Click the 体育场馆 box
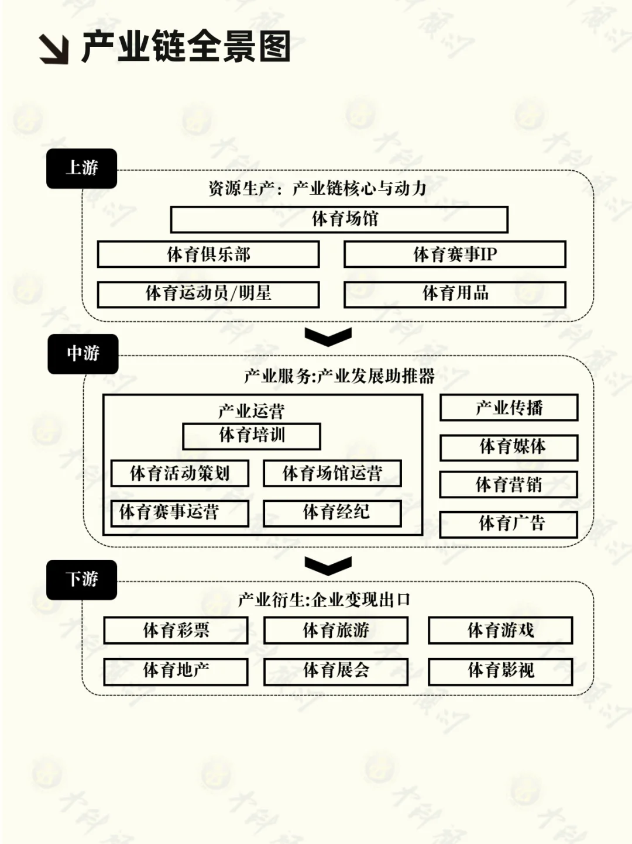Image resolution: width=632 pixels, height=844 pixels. click(339, 219)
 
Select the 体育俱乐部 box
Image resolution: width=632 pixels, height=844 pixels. click(208, 254)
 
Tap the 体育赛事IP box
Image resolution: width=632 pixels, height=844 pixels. click(455, 254)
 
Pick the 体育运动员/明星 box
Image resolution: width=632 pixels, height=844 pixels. click(208, 294)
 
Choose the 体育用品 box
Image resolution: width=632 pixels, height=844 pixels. click(455, 294)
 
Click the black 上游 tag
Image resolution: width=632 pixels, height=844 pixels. click(81, 168)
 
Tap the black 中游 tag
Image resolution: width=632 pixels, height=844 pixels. click(83, 354)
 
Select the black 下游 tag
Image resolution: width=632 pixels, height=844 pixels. click(81, 580)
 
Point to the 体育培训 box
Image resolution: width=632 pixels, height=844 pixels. click(252, 436)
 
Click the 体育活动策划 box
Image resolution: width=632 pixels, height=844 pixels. click(180, 474)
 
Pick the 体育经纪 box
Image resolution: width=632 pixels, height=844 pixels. click(332, 513)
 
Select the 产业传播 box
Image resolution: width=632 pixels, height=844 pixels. click(509, 408)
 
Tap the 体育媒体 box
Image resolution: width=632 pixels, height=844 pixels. click(509, 447)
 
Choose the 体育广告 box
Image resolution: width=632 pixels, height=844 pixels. click(509, 524)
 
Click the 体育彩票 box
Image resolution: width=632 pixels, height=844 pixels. click(176, 631)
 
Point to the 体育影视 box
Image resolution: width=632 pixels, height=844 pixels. click(500, 671)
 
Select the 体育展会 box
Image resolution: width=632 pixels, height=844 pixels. click(336, 671)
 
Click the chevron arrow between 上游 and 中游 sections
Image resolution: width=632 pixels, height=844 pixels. click(328, 336)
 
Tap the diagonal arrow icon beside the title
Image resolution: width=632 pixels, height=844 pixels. click(54, 49)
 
